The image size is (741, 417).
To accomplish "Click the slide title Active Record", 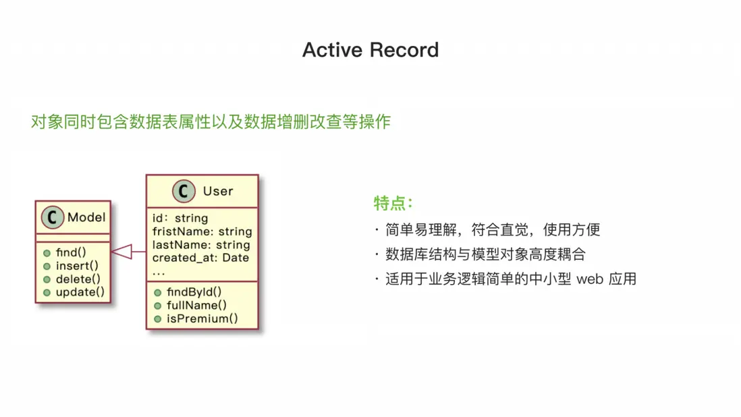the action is coord(370,49).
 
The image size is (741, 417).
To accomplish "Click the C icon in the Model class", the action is coord(53,217).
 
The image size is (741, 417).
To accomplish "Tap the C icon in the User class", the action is coord(184,191).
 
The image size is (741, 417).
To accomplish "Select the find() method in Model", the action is coord(71,252).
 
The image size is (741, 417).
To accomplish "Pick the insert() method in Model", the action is coord(77,266).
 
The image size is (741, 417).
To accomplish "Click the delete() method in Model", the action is coord(78,279).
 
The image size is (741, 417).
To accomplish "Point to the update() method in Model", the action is coord(80,292).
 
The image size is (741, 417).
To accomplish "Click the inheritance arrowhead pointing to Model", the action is coord(121,252).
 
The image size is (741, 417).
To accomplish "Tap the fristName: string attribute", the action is coord(202,231).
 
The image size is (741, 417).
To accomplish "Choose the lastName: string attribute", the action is coord(201,245).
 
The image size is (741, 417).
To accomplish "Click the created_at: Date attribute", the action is coord(200,258).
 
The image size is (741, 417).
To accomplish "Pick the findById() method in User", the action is coord(194,292).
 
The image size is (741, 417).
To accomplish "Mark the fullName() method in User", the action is coord(196,306).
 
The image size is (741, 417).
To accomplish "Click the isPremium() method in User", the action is coord(202,318).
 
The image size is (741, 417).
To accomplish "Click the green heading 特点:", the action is coord(393,204).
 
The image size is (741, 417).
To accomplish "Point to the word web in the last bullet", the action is coord(590,279).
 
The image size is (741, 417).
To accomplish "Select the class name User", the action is coord(218,191).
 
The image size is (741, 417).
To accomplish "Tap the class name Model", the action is coord(86,217).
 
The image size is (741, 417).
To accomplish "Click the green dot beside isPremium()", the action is coord(158,319).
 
